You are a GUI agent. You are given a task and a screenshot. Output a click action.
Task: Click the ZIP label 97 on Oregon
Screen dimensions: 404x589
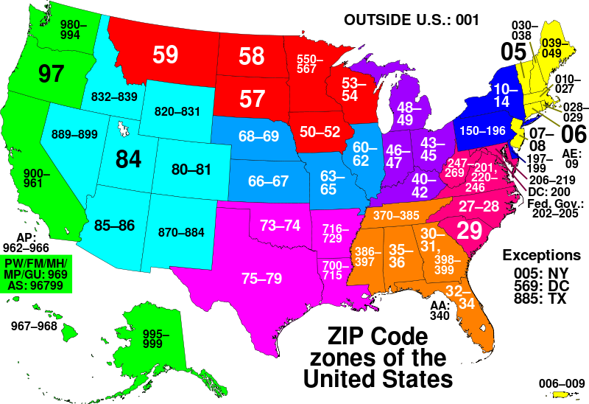[x=52, y=74]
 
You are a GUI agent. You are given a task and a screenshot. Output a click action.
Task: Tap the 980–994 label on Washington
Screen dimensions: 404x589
[x=74, y=29]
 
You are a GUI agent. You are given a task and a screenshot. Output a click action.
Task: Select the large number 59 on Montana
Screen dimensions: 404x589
[x=166, y=55]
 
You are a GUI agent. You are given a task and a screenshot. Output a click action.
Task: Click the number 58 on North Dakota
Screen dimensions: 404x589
[x=252, y=56]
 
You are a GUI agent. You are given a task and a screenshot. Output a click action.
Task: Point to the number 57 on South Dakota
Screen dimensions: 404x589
[x=252, y=98]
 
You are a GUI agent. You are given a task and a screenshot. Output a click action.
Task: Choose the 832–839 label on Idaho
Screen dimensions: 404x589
[x=114, y=97]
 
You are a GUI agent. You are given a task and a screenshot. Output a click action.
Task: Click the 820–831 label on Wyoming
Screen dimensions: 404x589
[x=177, y=111]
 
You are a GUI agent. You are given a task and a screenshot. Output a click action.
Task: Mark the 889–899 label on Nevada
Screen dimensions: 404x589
[x=74, y=134]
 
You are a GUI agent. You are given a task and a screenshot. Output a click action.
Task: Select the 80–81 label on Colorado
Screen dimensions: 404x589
[x=191, y=170]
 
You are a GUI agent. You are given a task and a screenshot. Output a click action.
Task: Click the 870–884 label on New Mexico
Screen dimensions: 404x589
[x=181, y=232]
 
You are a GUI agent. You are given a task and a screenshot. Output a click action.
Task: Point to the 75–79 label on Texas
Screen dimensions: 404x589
[x=261, y=279]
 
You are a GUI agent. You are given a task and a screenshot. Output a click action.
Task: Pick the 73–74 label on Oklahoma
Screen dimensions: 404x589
[x=280, y=225]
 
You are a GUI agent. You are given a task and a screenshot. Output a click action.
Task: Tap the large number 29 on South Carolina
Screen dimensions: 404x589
[x=469, y=231]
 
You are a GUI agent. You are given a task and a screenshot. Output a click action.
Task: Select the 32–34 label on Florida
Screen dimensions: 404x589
[x=459, y=297]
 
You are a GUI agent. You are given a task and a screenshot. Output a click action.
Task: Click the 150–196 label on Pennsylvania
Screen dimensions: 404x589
[x=483, y=130]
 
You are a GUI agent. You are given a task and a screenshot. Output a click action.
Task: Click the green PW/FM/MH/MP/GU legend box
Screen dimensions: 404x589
[x=36, y=274]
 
